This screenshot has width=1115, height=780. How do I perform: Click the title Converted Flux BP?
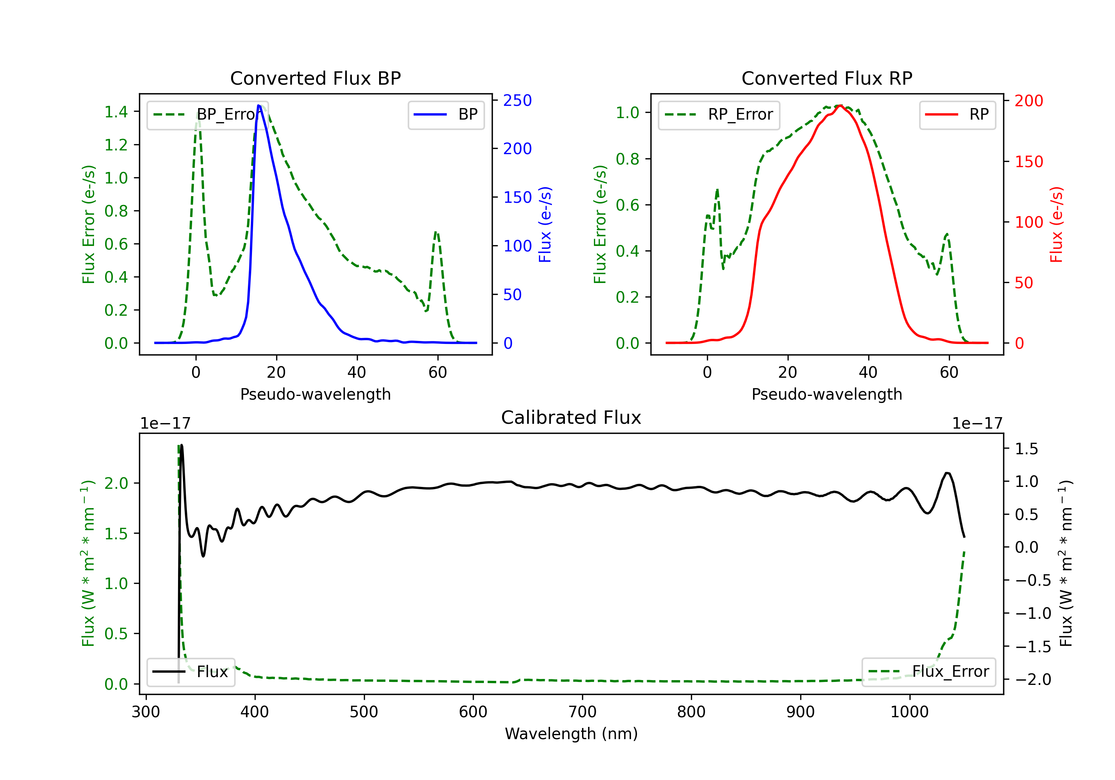click(x=315, y=78)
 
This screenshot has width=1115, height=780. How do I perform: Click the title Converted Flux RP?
click(x=827, y=78)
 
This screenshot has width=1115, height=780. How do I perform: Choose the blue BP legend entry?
click(x=446, y=114)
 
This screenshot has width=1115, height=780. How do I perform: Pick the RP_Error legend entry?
click(x=719, y=114)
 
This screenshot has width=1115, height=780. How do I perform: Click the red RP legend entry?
click(x=957, y=114)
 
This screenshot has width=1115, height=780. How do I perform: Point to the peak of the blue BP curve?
click(x=259, y=105)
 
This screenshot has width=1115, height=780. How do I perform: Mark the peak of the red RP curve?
click(x=840, y=105)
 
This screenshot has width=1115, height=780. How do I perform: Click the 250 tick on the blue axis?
click(x=517, y=101)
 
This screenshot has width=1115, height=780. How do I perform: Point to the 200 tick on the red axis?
click(x=1028, y=101)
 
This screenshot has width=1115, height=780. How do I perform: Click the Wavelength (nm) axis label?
click(x=571, y=734)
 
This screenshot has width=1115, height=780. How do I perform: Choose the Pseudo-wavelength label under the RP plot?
click(x=827, y=394)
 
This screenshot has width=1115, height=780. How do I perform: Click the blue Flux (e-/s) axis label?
click(x=545, y=224)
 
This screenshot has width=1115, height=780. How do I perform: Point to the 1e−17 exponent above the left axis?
click(x=165, y=423)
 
